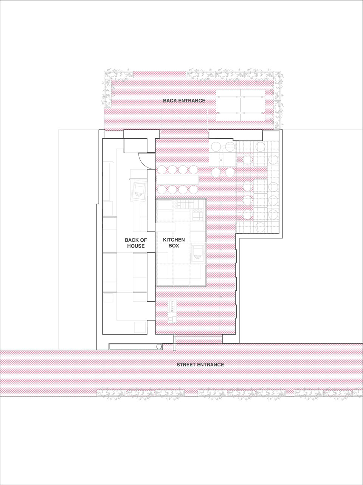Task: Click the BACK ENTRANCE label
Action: click(184, 101)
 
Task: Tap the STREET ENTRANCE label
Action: click(200, 365)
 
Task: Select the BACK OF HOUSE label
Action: click(135, 243)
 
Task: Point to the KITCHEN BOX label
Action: click(174, 243)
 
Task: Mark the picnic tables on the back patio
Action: click(240, 105)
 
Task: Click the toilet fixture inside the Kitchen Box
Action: click(197, 252)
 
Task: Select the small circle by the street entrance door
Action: click(159, 346)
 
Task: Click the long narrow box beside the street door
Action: click(132, 346)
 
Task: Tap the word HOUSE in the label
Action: click(135, 246)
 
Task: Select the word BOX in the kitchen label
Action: click(174, 246)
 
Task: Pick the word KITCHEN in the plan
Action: click(174, 240)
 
